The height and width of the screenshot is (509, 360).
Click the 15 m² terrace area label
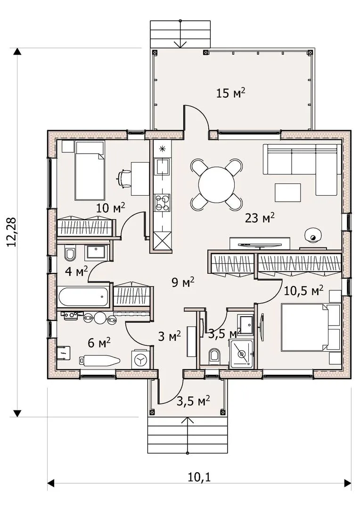pos(230,93)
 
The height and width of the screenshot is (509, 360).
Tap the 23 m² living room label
pos(260,218)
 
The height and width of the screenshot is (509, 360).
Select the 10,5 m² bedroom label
pos(303,290)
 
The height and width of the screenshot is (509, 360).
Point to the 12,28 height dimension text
pos(12,232)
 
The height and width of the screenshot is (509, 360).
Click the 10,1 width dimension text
pos(199,477)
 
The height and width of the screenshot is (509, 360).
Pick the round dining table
pos(217,184)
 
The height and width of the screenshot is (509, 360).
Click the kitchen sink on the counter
pos(162,166)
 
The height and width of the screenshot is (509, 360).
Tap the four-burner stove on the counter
pos(162,203)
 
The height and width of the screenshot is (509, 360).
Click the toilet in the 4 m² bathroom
pos(70,254)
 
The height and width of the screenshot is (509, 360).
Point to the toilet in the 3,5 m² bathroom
pos(214,356)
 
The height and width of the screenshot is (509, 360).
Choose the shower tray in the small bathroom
pos(241,354)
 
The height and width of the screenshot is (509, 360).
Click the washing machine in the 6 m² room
pos(140,359)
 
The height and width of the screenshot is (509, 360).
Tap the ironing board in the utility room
pos(99,360)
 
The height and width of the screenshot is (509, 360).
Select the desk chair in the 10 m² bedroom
pos(124,179)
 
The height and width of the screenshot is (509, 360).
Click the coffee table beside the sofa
pos(287,193)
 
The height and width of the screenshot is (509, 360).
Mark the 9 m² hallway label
pos(183,282)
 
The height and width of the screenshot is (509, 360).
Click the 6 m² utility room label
pos(99,343)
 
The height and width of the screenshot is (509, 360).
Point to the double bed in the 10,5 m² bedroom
pos(311,327)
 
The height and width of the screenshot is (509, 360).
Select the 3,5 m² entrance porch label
pos(193,401)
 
